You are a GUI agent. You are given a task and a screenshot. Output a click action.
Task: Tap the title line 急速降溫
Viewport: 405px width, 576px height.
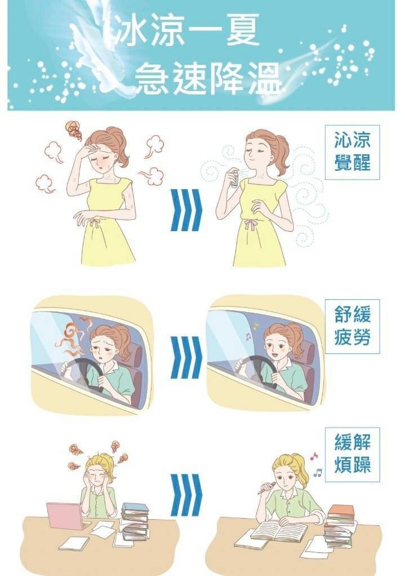[x=208, y=78]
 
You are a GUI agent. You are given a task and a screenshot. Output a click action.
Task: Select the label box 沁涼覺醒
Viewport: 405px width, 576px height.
[x=352, y=152]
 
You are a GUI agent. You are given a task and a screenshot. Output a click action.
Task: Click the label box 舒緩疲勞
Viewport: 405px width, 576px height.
[x=352, y=326]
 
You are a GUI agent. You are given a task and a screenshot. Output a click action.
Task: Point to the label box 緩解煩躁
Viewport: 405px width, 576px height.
[x=352, y=454]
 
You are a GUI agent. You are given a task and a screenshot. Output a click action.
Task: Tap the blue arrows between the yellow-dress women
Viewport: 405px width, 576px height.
[x=186, y=210]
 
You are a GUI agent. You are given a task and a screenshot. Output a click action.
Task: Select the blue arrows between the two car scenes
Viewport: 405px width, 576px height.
[x=186, y=357]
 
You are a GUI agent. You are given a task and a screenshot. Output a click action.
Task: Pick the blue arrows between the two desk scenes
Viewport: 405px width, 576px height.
[x=186, y=495]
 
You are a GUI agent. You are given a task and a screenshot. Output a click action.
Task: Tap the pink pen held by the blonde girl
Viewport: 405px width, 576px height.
[x=266, y=488]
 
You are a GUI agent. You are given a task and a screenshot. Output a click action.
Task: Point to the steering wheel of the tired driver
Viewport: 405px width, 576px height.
[x=83, y=374]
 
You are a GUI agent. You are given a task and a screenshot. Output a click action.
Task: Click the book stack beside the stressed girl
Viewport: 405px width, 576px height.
[x=135, y=521]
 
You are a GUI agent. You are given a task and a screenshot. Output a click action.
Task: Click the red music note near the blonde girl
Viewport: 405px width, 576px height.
[x=314, y=456]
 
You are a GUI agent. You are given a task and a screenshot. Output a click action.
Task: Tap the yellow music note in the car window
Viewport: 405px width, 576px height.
[x=256, y=326]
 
